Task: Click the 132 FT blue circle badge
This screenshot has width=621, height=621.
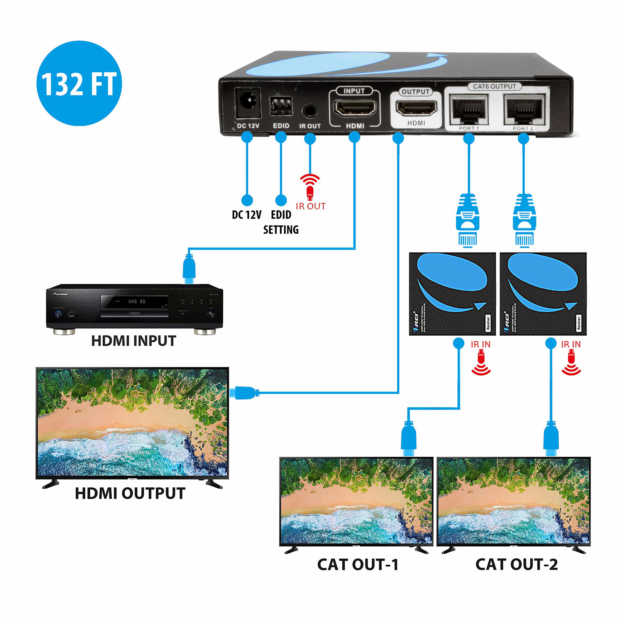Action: click(x=79, y=83)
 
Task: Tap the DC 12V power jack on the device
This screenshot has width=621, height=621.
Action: click(x=248, y=103)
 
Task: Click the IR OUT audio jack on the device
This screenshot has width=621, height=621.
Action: click(x=310, y=111)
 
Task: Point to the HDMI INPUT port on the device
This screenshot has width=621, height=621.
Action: click(x=355, y=108)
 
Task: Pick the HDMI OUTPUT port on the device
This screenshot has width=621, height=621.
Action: click(x=416, y=108)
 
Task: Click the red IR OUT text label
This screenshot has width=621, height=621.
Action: click(x=310, y=206)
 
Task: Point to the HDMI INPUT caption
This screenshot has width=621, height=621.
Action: click(x=134, y=341)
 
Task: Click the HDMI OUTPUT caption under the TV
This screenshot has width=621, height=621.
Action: click(x=130, y=493)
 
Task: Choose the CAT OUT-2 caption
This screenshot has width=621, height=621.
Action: click(x=516, y=565)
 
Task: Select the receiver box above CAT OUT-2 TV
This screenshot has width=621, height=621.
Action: click(x=543, y=294)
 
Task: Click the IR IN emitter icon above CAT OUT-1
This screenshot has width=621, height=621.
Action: click(x=481, y=363)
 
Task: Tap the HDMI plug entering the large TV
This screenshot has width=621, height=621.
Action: click(x=246, y=392)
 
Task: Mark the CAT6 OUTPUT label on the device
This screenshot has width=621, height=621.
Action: click(x=494, y=87)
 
